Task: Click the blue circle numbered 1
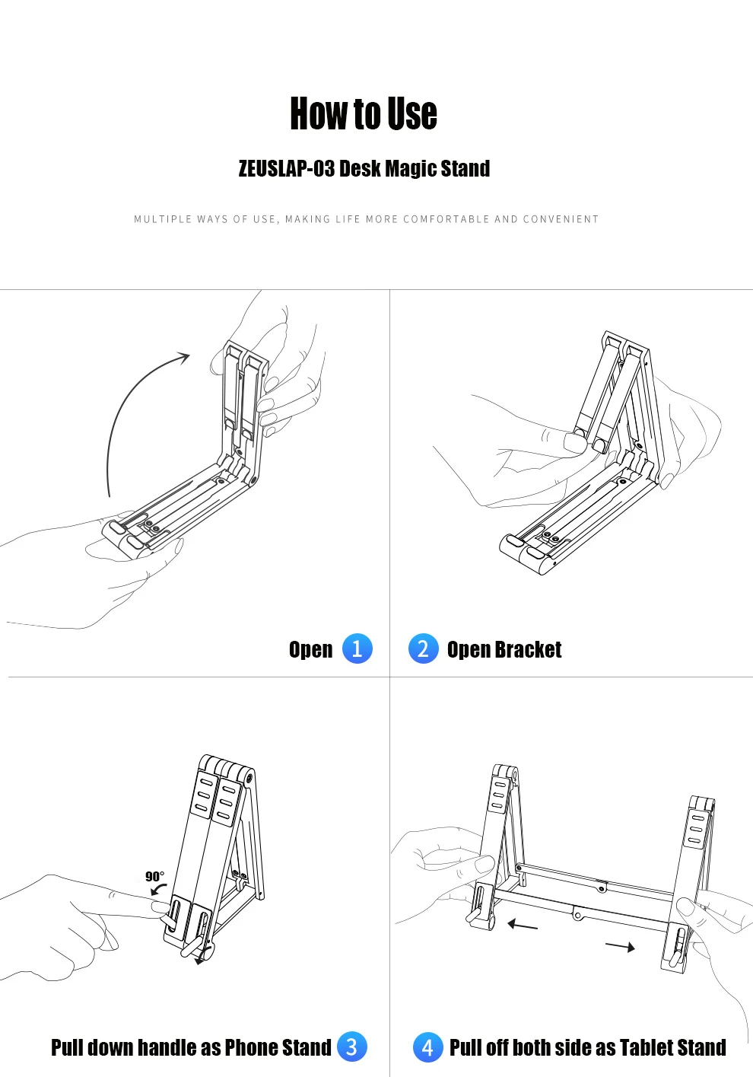[357, 648]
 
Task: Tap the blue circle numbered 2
[424, 648]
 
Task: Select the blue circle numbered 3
[351, 1047]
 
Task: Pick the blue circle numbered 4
[427, 1047]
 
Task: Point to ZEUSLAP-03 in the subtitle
[287, 168]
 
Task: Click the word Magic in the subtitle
[411, 169]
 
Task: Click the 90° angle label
[154, 876]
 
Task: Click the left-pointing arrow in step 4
[523, 925]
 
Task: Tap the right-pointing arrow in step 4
[620, 947]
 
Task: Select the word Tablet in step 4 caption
[643, 1047]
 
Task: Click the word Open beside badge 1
[310, 650]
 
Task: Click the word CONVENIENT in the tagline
[561, 219]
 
